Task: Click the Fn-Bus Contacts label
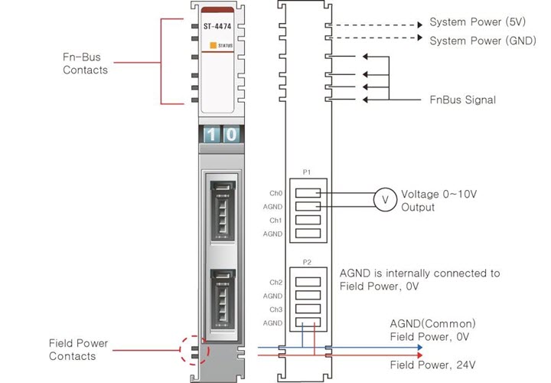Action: point(85,64)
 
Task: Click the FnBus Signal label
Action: point(462,100)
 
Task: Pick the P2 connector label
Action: point(307,263)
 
